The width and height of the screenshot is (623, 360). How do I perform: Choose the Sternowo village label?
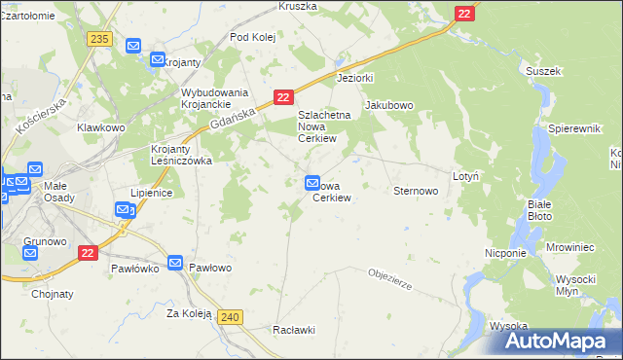415,191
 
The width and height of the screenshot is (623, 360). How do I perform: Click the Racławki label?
295,330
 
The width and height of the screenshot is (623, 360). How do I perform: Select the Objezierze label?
391,279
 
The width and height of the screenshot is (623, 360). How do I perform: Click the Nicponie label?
505,253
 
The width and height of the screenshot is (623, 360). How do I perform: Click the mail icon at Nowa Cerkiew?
312,182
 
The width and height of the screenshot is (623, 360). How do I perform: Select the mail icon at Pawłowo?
175,263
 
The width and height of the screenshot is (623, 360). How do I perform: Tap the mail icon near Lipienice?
123,209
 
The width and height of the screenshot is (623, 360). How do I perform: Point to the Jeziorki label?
354,77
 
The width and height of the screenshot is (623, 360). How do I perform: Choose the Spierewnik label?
571,128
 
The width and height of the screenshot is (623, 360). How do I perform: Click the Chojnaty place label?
53,293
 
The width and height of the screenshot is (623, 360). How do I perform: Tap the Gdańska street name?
235,118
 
